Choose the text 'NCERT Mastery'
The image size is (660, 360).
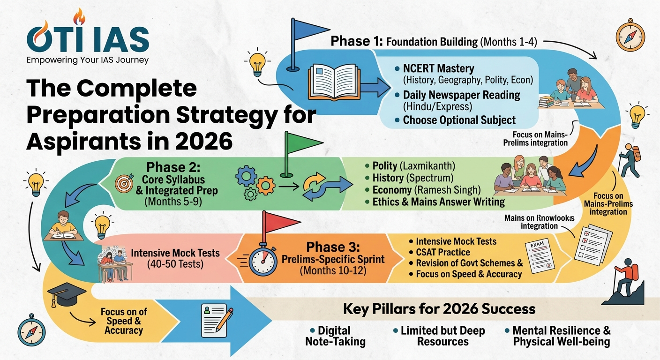pos(438,69)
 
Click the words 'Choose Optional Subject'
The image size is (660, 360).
pos(459,120)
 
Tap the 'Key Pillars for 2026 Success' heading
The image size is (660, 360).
pos(439,309)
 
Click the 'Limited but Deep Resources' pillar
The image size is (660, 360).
pos(442,336)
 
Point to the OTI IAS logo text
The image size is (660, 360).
pos(88,38)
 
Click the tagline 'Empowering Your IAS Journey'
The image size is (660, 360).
pos(88,60)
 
